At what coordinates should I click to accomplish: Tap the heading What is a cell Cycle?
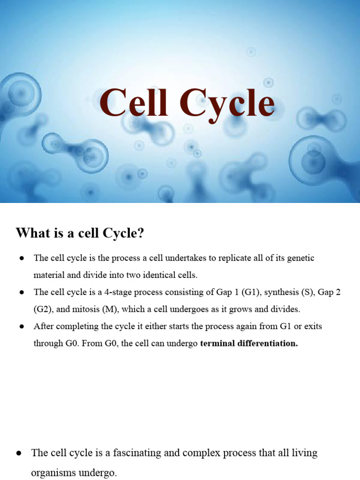80,233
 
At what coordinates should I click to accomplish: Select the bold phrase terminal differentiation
249,344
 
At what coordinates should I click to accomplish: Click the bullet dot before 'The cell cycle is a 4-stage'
22,292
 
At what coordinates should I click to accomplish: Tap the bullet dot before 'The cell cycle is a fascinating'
19,453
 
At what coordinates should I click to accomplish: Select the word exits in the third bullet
312,326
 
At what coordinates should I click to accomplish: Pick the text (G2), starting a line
43,309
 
